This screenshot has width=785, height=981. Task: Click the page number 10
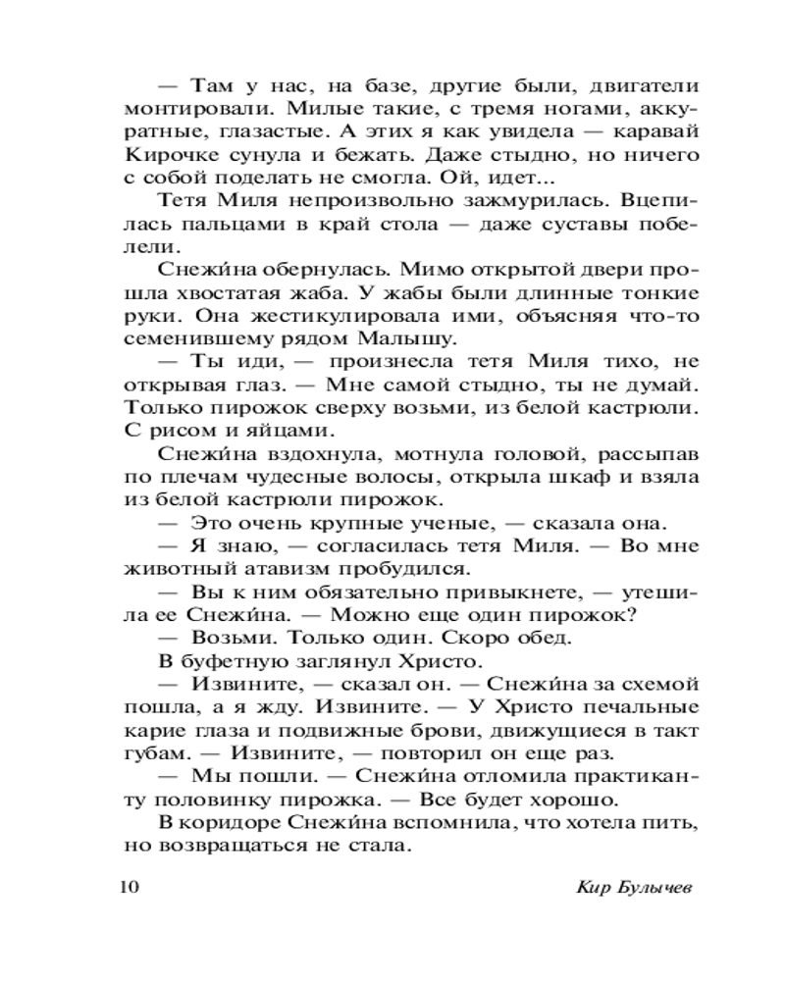tap(131, 888)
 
